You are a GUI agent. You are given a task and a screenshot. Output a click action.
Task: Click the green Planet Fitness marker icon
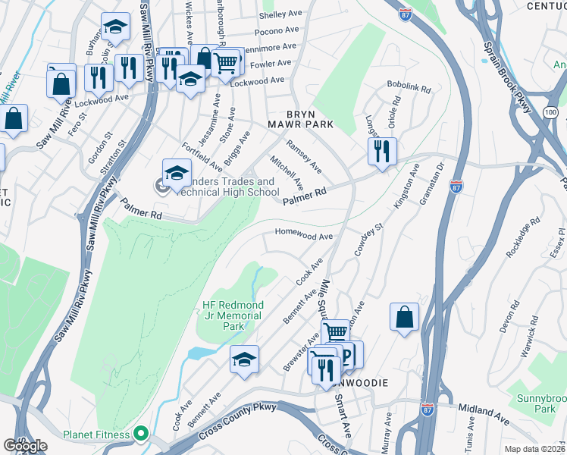[x=139, y=435]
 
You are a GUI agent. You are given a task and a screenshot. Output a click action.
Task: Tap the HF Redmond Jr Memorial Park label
[x=232, y=315]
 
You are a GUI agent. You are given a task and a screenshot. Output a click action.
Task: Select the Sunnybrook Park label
[x=546, y=403]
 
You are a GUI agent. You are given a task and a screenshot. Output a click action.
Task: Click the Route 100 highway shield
[x=550, y=112]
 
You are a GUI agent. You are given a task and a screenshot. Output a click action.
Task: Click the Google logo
[x=25, y=446]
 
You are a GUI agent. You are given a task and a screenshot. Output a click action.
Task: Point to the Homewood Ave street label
[x=303, y=236]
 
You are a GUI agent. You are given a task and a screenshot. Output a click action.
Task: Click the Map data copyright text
[x=535, y=449]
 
